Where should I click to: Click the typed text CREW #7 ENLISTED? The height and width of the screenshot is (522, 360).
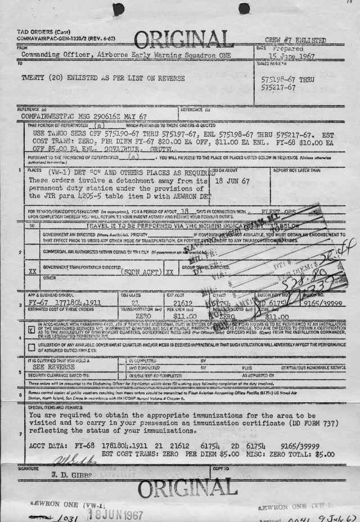(x=295, y=40)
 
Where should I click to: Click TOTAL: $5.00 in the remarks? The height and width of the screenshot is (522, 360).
(x=312, y=454)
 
